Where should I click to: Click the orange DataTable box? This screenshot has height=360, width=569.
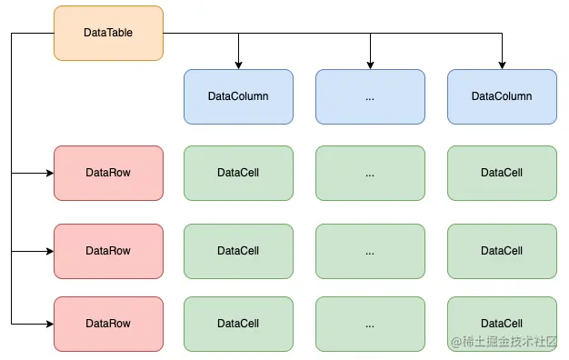[x=108, y=33]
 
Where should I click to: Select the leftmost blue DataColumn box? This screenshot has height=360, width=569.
[x=238, y=96]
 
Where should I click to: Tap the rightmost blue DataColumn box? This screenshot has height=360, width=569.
[x=502, y=96]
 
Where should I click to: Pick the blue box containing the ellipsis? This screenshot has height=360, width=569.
[x=370, y=96]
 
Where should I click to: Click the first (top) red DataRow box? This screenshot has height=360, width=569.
[x=108, y=173]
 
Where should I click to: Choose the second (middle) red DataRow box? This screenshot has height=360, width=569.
[x=108, y=251]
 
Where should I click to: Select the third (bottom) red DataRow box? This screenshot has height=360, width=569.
[x=108, y=324]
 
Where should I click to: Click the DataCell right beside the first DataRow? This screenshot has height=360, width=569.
[x=238, y=173]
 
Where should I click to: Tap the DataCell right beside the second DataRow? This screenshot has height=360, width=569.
[x=238, y=251]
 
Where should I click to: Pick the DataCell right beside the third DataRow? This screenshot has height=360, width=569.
[x=238, y=324]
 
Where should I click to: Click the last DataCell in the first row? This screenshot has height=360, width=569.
[x=502, y=173]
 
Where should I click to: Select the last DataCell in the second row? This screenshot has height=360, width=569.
[x=502, y=251]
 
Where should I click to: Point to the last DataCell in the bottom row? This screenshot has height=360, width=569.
[x=502, y=324]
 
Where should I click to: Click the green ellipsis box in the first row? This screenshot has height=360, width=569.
[x=370, y=173]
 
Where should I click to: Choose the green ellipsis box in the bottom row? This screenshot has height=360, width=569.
[x=370, y=324]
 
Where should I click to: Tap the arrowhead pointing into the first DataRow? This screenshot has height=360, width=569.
[x=49, y=173]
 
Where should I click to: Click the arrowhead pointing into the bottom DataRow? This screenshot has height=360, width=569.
[x=49, y=324]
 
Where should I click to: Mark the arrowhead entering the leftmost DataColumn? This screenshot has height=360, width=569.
[x=238, y=65]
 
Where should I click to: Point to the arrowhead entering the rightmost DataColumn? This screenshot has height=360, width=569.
[x=502, y=65]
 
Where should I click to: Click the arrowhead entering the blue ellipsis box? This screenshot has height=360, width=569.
[x=370, y=65]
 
